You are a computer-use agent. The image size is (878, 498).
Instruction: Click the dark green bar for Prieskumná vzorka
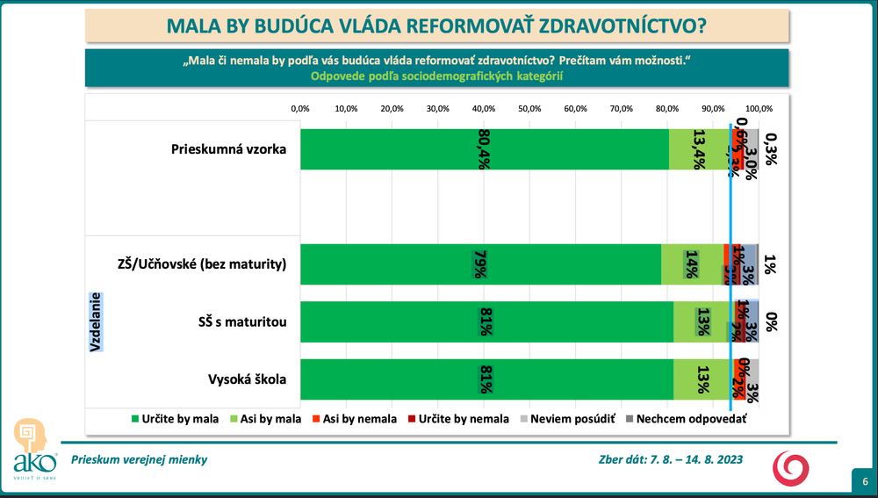click(x=483, y=149)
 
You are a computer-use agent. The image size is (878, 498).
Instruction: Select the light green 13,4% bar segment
click(x=698, y=149)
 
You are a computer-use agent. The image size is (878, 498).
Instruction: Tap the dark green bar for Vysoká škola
click(x=486, y=380)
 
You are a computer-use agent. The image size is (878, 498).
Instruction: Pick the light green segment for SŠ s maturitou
click(x=702, y=321)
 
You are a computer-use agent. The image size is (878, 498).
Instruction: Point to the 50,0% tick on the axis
click(x=529, y=109)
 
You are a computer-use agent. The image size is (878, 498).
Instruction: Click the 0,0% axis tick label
click(x=300, y=109)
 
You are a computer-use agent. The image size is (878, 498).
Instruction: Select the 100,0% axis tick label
click(x=759, y=109)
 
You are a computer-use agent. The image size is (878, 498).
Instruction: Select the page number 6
click(x=865, y=482)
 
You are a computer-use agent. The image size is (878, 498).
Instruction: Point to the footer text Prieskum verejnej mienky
click(x=140, y=459)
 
